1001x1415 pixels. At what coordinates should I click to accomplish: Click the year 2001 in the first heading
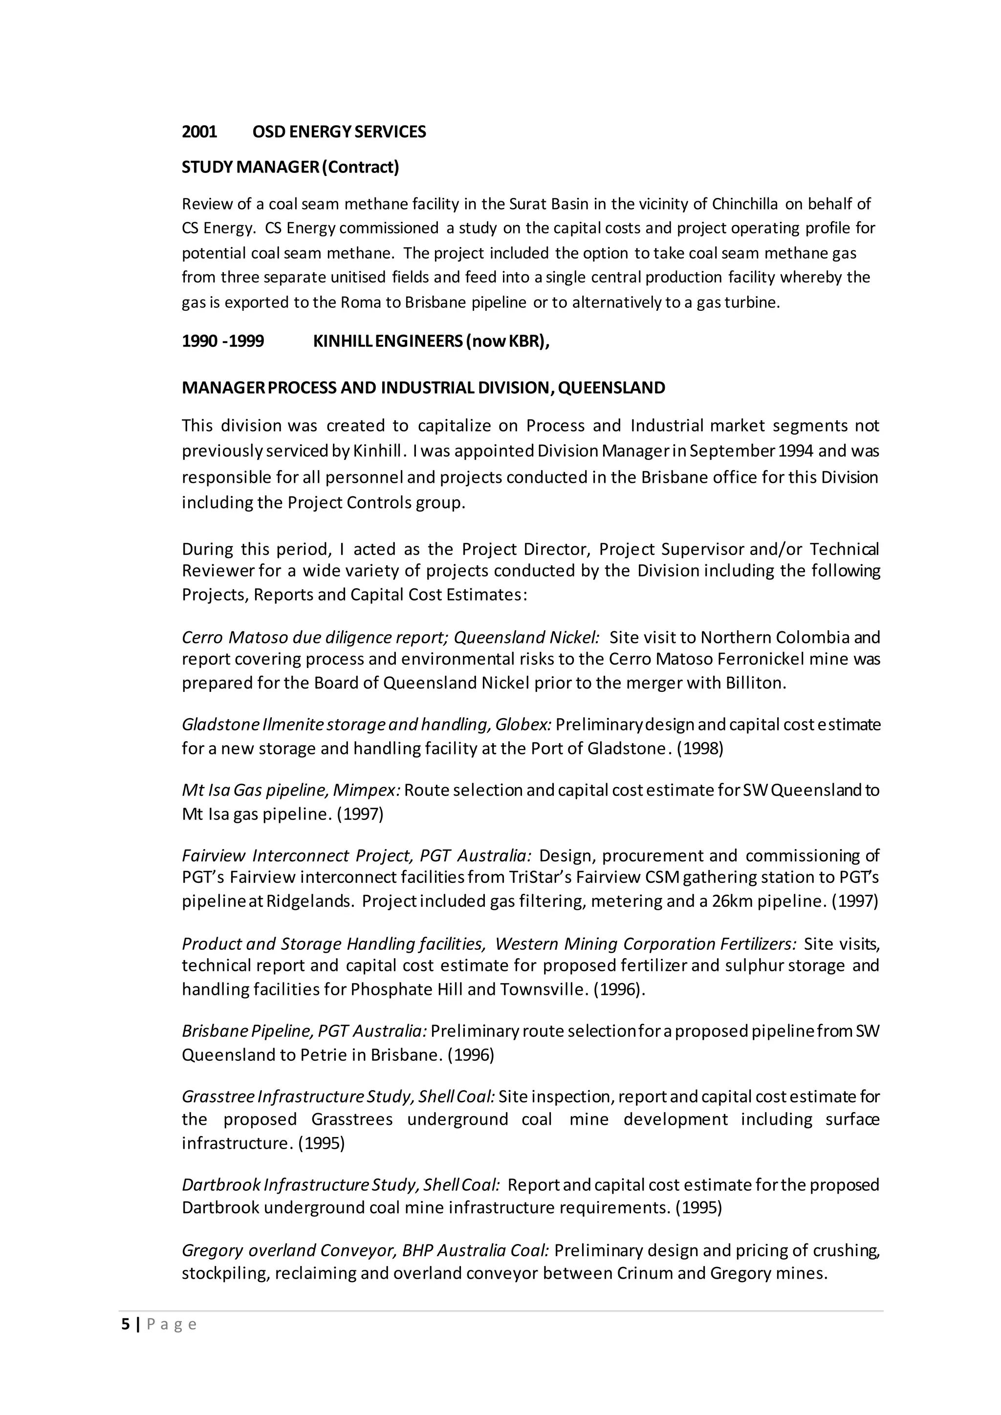click(x=199, y=132)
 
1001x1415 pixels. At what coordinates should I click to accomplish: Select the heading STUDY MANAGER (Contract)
click(x=290, y=167)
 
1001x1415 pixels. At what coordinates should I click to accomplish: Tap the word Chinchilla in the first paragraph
click(x=744, y=204)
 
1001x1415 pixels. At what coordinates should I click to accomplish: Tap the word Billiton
click(x=756, y=683)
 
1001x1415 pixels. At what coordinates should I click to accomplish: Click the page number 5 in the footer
click(x=126, y=1325)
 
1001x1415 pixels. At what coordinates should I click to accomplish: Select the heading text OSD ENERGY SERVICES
click(x=339, y=132)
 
